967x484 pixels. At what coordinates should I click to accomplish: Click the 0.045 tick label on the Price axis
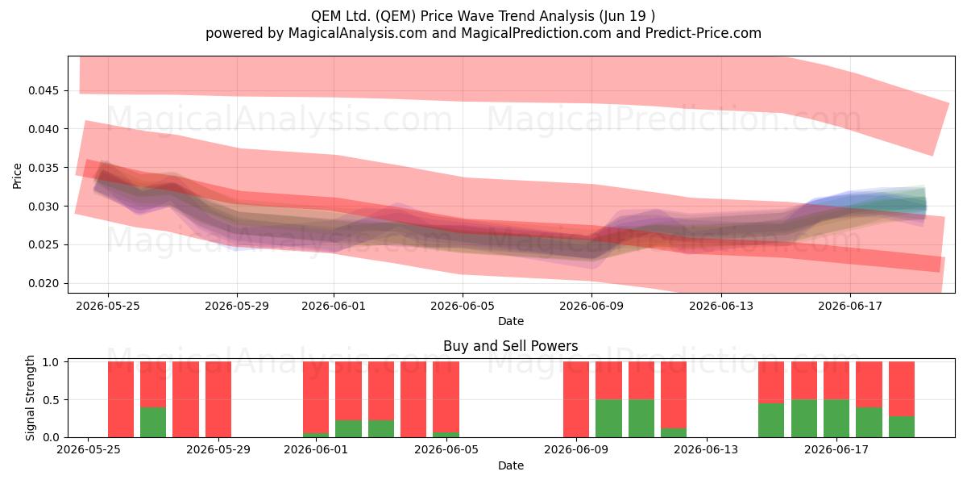43,90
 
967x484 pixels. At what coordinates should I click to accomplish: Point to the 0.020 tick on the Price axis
43,283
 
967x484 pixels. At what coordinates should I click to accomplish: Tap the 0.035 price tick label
43,168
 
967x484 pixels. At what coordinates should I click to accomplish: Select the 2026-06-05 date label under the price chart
463,306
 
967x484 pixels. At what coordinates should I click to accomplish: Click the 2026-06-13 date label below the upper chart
721,306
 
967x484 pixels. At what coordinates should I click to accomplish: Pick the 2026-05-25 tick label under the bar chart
89,450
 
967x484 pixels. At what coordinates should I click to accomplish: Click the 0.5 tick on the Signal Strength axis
51,400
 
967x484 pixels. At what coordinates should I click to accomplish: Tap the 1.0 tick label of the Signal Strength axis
51,362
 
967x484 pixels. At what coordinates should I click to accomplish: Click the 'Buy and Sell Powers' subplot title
511,346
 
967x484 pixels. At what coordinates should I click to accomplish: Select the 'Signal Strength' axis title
30,398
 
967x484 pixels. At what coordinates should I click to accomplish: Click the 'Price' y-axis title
17,176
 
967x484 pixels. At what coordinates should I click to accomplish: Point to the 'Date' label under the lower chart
511,465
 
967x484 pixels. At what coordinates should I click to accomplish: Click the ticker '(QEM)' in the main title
396,16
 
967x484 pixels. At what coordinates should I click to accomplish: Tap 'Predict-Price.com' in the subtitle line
703,33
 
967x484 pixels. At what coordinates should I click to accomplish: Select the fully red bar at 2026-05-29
218,399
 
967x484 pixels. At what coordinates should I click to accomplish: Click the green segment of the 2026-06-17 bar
836,419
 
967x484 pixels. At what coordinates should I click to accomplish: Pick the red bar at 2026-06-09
576,399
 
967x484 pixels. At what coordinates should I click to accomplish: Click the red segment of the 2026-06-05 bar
446,397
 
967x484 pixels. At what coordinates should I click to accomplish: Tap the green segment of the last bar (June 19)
902,427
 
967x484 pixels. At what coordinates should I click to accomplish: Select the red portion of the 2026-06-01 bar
316,398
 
